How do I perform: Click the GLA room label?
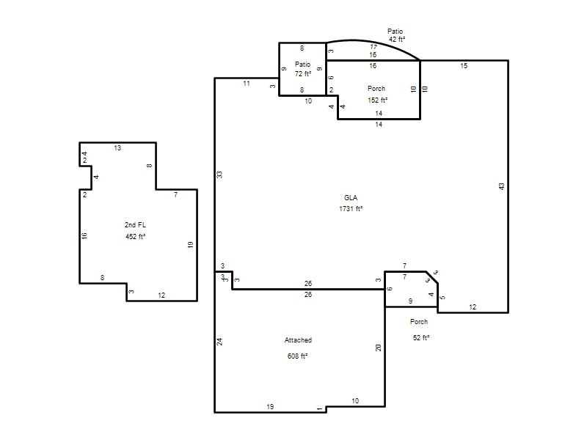point(351,197)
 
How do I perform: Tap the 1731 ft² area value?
point(351,209)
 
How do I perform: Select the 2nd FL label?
point(135,225)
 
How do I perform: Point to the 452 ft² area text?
point(135,236)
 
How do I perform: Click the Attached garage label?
point(298,340)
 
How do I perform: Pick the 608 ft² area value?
point(297,356)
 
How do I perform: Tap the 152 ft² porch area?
point(377,100)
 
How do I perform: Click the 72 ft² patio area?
point(303,74)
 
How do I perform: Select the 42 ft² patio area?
point(397,40)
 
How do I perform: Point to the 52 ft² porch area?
point(420,338)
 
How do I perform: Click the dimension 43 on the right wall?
point(502,186)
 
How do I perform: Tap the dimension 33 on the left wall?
point(219,175)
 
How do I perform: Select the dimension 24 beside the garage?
point(219,342)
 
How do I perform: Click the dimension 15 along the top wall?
point(464,66)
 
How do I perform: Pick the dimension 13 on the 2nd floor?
point(117,148)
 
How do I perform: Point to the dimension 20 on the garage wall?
point(378,348)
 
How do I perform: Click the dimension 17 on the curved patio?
point(373,47)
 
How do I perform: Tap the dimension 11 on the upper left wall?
point(247,84)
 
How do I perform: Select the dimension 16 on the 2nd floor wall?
point(84,235)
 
